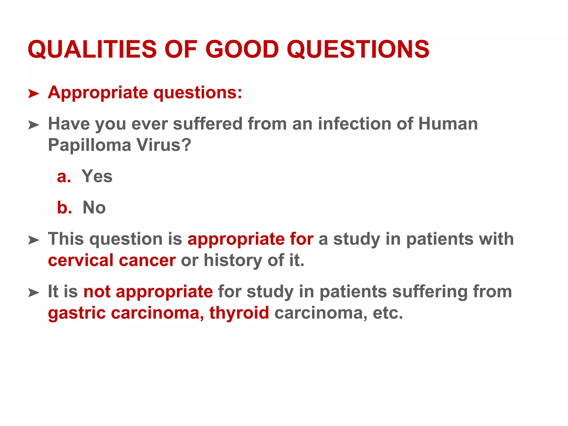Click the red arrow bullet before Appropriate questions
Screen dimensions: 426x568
click(x=34, y=94)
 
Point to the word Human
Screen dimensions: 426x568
click(x=448, y=124)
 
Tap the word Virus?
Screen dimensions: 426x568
click(x=164, y=145)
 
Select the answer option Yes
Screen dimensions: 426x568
click(x=97, y=176)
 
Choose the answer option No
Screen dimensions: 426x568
click(x=94, y=207)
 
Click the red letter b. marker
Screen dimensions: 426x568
click(x=64, y=207)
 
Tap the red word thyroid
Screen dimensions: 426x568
click(x=239, y=313)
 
